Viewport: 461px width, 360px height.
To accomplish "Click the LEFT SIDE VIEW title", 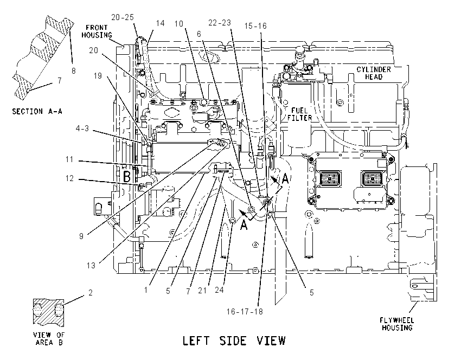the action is [234, 340].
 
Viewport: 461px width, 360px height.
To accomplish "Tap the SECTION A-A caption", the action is [37, 111].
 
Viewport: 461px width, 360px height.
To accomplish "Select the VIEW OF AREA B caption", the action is [49, 338].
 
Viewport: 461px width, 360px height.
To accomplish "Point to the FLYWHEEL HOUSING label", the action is [396, 324].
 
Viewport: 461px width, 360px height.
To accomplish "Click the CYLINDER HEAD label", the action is [374, 73].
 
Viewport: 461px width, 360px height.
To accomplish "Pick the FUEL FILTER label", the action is [299, 114].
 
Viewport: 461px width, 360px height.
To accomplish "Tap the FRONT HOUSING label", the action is [97, 31].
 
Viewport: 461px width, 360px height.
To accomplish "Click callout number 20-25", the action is [123, 17].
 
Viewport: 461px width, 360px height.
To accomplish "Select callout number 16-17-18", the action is [245, 312].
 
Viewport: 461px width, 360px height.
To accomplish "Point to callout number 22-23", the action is [220, 23].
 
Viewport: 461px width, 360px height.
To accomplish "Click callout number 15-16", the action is [255, 26].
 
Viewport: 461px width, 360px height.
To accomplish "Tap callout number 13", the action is [91, 266].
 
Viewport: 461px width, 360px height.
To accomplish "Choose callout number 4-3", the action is [82, 128].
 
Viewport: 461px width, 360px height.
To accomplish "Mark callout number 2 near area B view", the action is [90, 293].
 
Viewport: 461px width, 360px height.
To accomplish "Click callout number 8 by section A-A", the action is [74, 70].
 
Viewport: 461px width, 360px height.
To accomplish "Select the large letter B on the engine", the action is [126, 177].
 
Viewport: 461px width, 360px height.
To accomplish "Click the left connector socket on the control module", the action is [330, 178].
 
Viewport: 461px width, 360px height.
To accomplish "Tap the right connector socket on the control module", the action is [372, 178].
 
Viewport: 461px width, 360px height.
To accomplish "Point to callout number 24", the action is [219, 290].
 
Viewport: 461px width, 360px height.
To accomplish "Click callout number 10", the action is [179, 24].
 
